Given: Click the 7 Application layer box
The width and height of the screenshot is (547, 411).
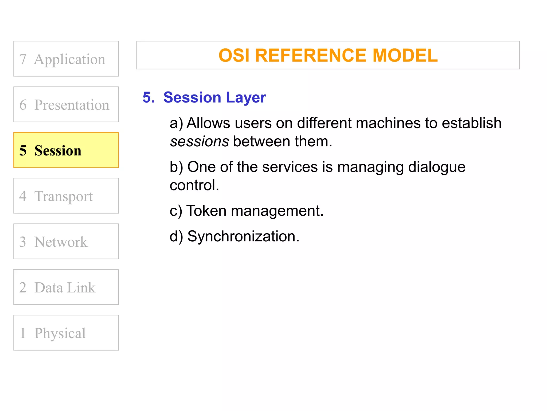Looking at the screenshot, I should tap(66, 59).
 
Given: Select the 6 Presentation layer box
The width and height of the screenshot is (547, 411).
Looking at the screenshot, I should tap(66, 104).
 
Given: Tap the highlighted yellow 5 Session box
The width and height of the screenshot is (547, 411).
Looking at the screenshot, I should tap(66, 150).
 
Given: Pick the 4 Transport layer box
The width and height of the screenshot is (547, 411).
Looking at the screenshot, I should tap(66, 196).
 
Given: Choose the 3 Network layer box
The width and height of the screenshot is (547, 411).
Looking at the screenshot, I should tap(66, 241).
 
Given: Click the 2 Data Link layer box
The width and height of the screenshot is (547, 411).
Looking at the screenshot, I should tap(66, 287).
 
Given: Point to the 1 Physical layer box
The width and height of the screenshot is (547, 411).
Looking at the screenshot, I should tap(66, 333).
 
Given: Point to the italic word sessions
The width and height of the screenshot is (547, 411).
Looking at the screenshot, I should tap(199, 142).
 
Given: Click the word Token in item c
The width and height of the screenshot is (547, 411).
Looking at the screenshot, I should tap(206, 211).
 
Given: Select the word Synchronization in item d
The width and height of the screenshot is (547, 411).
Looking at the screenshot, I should tap(243, 237).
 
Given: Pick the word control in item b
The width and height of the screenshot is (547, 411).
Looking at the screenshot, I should tap(194, 185).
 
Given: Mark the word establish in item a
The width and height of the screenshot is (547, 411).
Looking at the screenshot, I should tap(471, 123).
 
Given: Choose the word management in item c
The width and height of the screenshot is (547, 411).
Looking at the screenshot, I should tap(277, 211).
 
